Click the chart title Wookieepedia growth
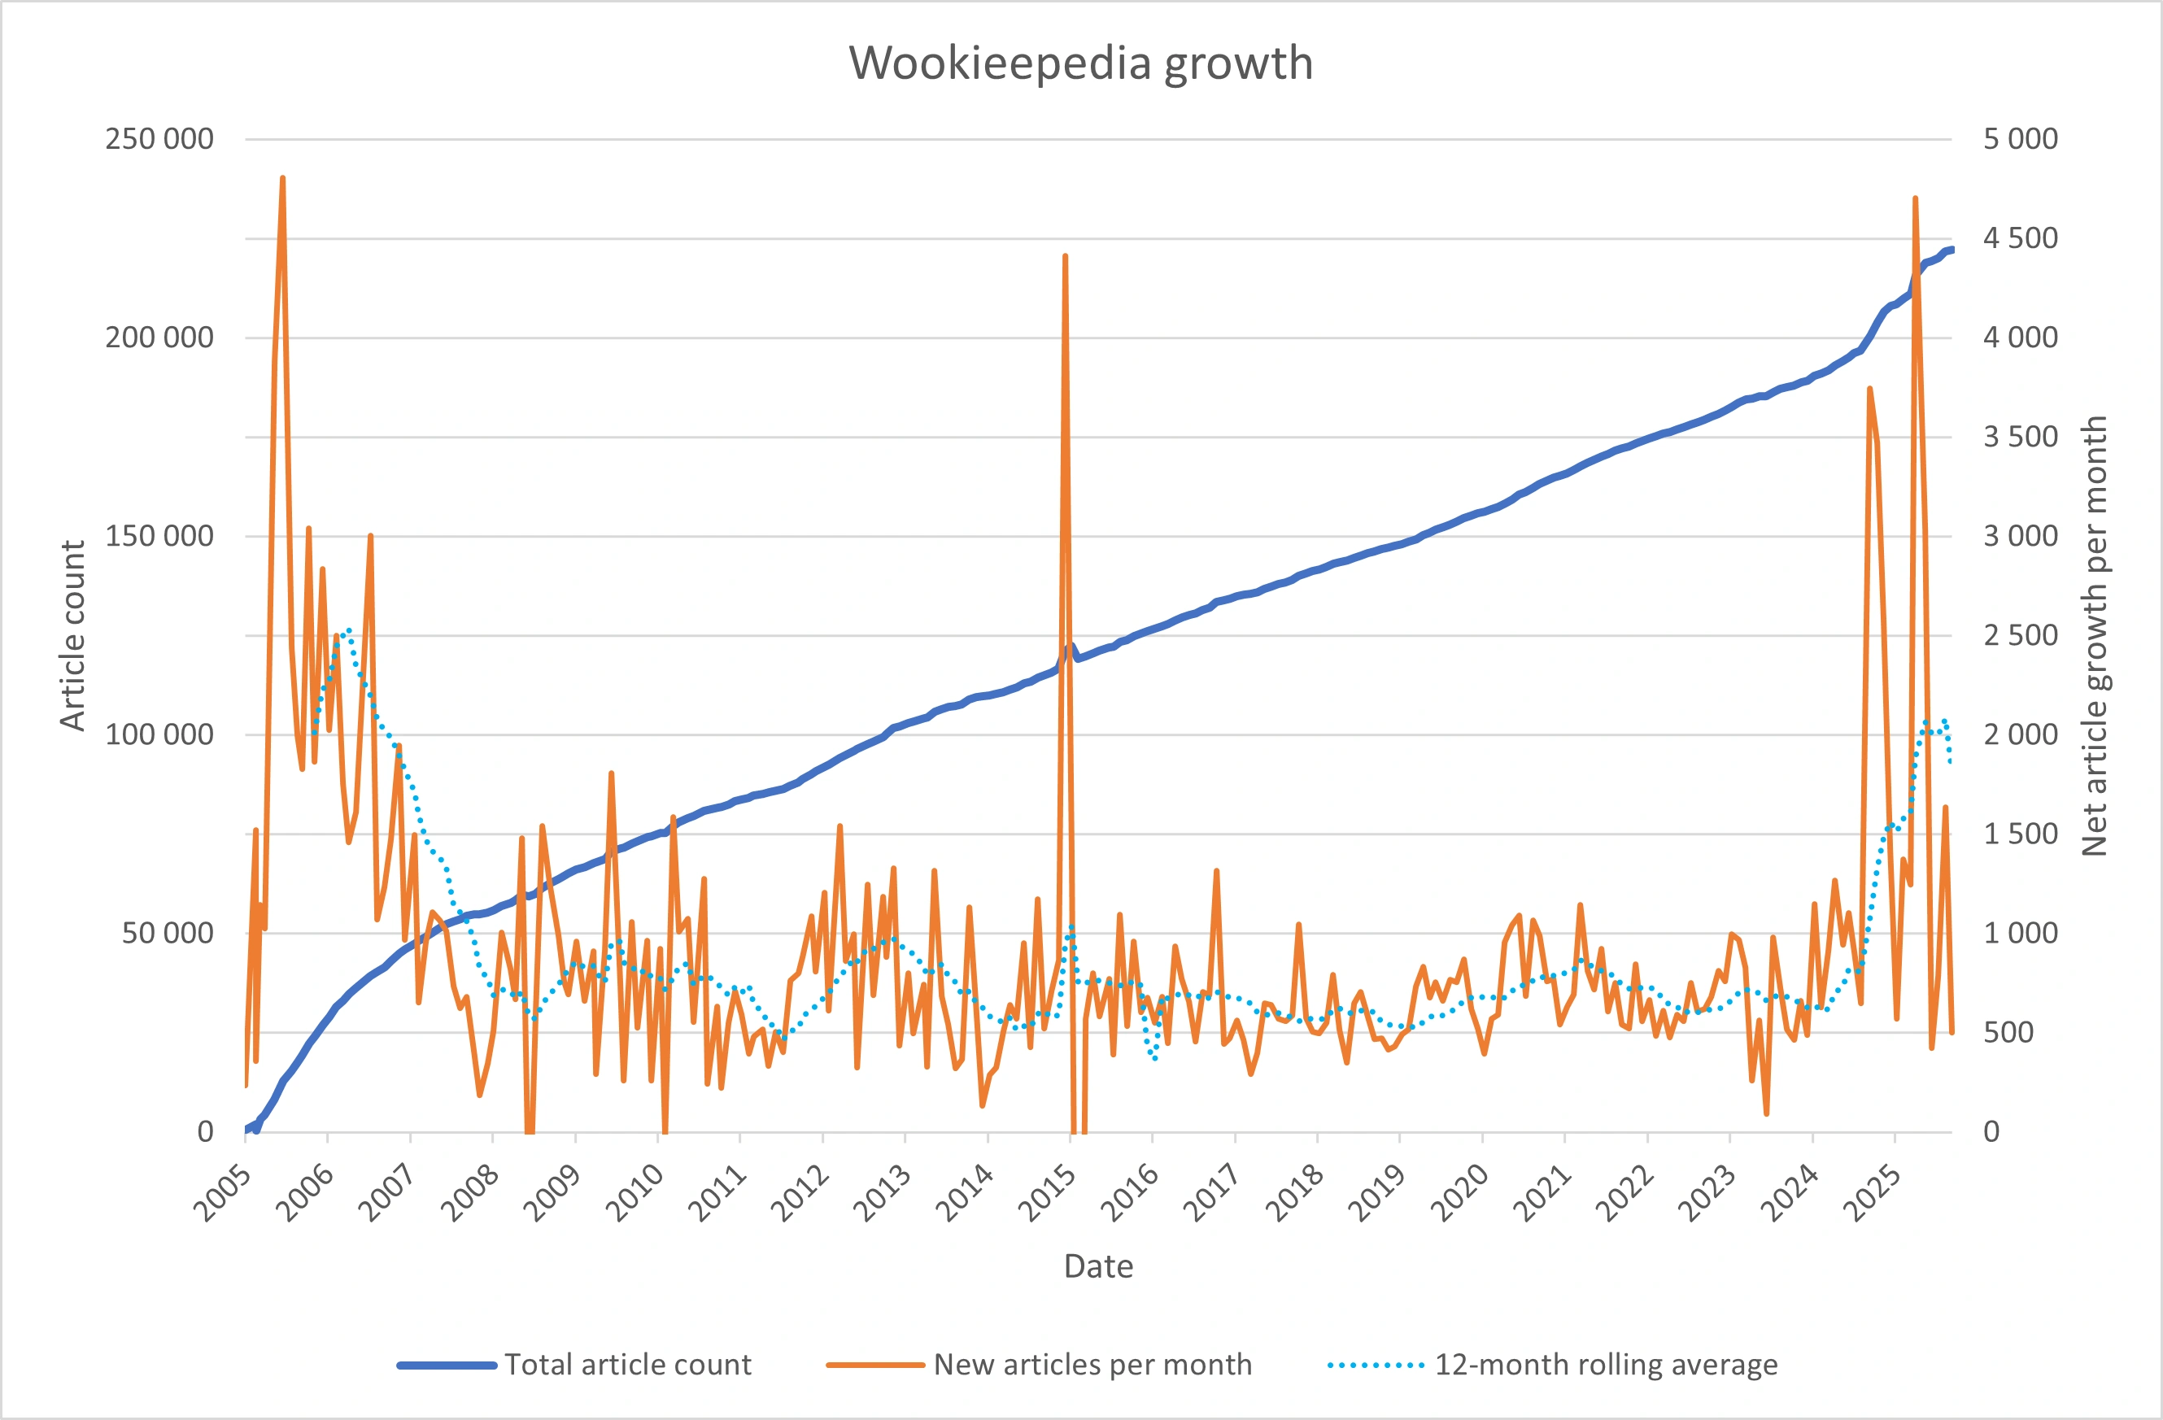click(1080, 63)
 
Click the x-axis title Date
click(1098, 1266)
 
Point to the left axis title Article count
click(72, 635)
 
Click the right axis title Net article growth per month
click(2095, 635)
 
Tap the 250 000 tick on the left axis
click(159, 139)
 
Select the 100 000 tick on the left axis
click(159, 734)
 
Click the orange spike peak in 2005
click(282, 178)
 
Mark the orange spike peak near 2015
click(1065, 256)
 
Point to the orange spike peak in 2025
click(1915, 198)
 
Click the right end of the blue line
click(1951, 250)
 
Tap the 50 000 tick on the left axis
click(168, 933)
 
